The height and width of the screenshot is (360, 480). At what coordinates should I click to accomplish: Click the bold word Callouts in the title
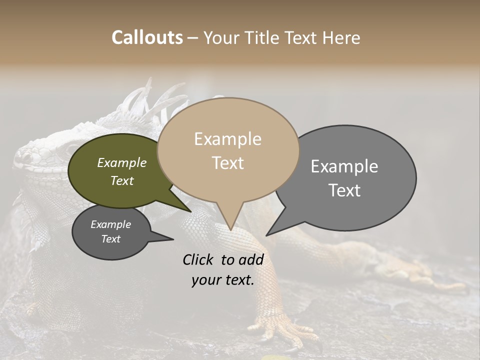[x=147, y=37]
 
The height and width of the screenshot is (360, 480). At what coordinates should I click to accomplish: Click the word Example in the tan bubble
[x=227, y=139]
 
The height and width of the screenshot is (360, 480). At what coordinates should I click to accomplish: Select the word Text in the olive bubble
[x=122, y=180]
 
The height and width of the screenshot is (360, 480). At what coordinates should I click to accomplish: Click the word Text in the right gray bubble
[x=344, y=190]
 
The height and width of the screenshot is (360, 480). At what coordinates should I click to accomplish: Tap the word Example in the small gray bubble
[x=110, y=224]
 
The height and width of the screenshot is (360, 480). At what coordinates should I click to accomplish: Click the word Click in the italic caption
[x=198, y=259]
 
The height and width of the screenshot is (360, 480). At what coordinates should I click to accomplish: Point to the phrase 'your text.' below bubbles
[x=223, y=280]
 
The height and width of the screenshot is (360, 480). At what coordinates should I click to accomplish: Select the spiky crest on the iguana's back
[x=155, y=102]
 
